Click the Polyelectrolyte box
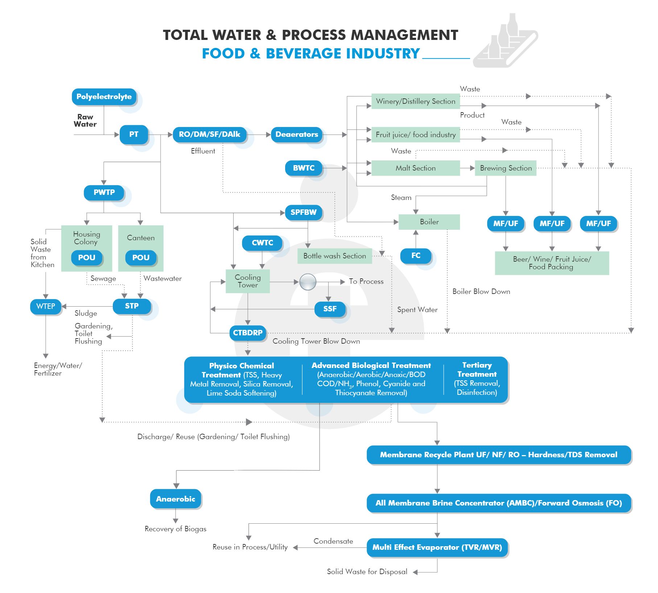tap(104, 97)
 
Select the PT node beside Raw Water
tap(133, 134)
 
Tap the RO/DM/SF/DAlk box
tap(209, 134)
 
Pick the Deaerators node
tap(296, 134)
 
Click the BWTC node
tap(304, 168)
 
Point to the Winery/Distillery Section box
tap(415, 101)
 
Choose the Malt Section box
tap(415, 168)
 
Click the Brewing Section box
tap(505, 168)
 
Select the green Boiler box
tap(429, 222)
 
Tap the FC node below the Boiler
tap(416, 255)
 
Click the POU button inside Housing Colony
tap(87, 258)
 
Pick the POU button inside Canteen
tap(141, 258)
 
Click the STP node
tap(132, 306)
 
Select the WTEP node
tap(46, 306)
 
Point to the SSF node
tap(330, 309)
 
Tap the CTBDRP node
tap(248, 333)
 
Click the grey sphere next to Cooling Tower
tap(308, 282)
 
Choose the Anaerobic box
tap(176, 499)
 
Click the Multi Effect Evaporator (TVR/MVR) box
tap(437, 547)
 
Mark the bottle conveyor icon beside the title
tap(505, 42)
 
